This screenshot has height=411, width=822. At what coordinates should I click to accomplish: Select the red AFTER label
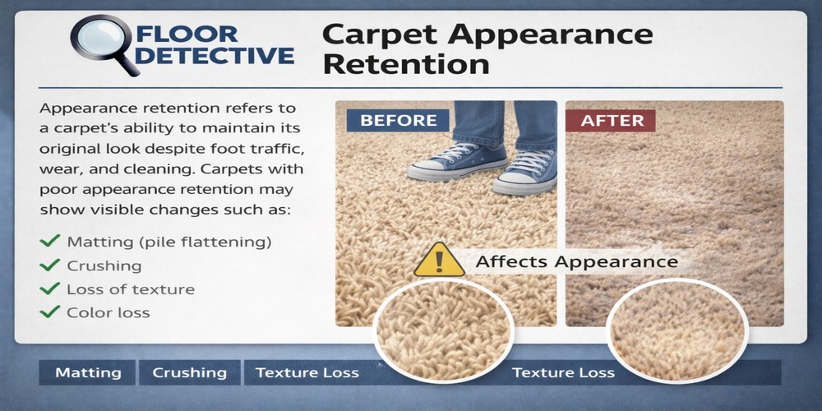click(x=611, y=120)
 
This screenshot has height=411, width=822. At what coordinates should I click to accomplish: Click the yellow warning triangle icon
click(x=439, y=260)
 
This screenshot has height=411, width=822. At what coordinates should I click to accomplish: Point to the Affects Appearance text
click(x=577, y=261)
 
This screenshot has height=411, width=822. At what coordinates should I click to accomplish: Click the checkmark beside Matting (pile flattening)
click(x=51, y=242)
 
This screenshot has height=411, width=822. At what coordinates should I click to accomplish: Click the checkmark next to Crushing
click(x=51, y=266)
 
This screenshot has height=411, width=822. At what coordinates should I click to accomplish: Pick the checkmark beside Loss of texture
click(x=51, y=289)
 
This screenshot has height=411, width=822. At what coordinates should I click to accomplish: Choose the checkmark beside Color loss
click(x=51, y=312)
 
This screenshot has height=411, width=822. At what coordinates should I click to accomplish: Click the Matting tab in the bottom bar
click(x=88, y=372)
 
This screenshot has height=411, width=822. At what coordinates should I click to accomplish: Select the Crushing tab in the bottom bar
click(x=189, y=372)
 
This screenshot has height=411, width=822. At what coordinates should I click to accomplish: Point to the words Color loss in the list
click(x=109, y=313)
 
